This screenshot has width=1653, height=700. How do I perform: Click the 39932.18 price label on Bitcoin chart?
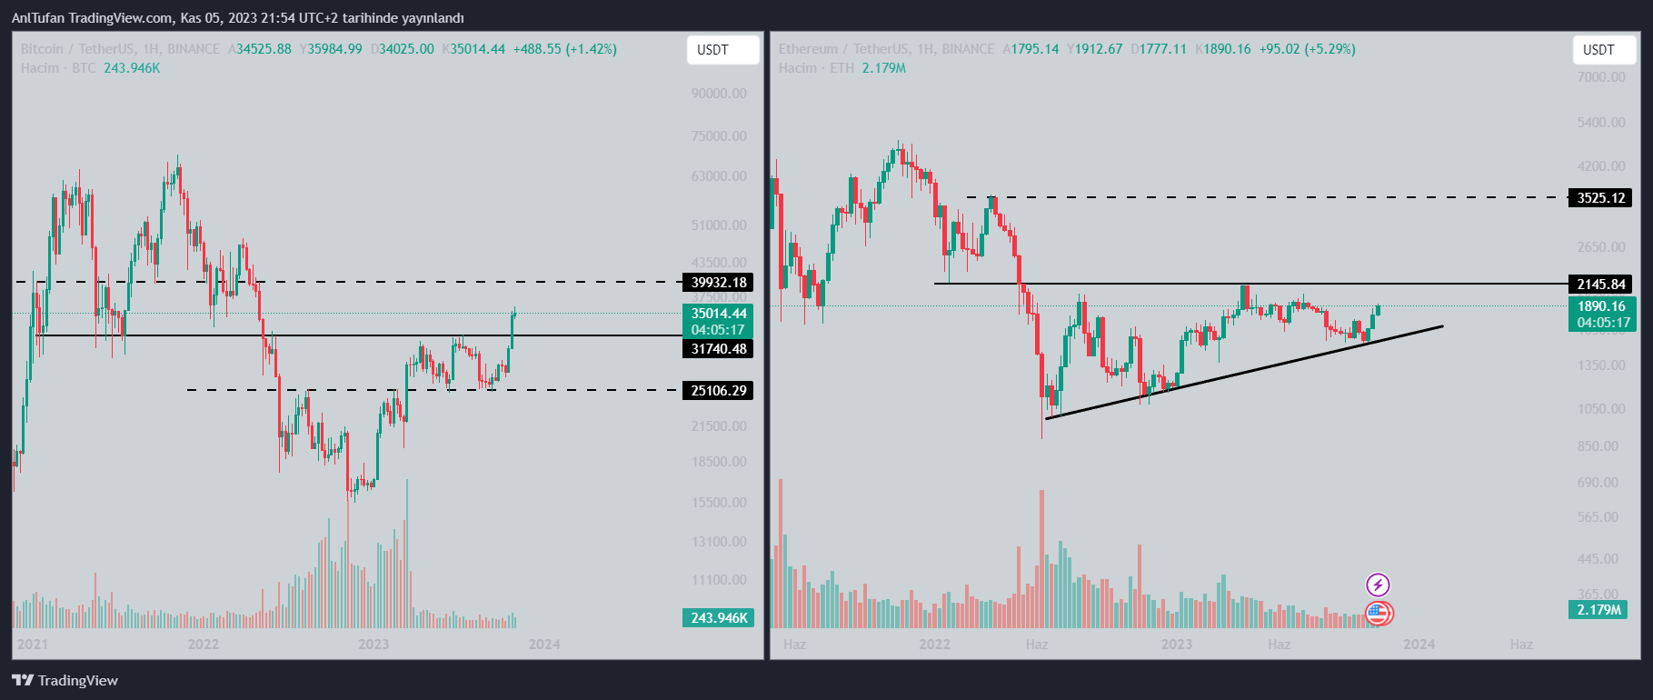[718, 283]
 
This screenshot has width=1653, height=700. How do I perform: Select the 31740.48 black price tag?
[718, 349]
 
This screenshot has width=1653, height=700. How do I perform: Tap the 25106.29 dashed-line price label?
[718, 391]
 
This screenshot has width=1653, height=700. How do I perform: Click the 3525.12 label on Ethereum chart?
[1600, 198]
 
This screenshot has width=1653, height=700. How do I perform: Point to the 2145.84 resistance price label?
[1600, 285]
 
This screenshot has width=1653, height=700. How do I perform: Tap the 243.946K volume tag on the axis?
[718, 618]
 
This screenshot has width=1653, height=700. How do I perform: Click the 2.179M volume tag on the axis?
[1598, 610]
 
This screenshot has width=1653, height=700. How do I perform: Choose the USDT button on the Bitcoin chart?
[722, 50]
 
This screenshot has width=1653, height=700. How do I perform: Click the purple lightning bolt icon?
[1378, 585]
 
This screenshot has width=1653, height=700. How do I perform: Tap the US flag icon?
[1378, 614]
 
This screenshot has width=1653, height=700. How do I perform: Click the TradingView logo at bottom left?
[65, 680]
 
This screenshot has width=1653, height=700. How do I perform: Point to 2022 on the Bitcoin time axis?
[204, 645]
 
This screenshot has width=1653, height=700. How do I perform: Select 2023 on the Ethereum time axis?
[1176, 645]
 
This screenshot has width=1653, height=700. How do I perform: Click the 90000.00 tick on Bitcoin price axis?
[718, 94]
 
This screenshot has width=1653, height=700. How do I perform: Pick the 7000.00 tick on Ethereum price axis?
[1601, 77]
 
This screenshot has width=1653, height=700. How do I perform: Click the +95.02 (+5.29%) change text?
[1307, 49]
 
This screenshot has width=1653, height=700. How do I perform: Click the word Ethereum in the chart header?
[808, 49]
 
